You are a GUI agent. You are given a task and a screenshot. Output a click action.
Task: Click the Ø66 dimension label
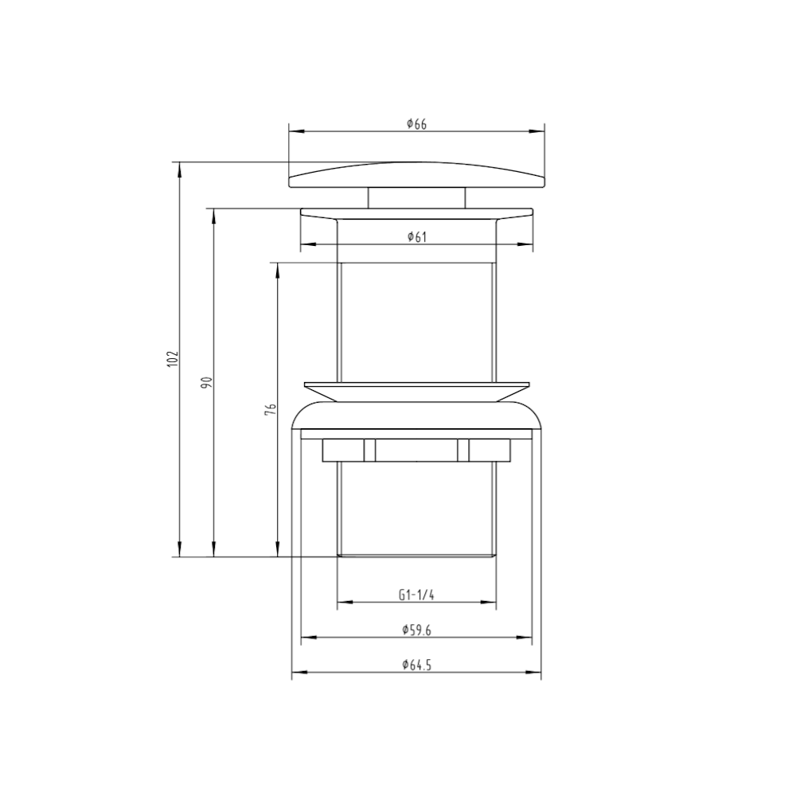(416, 123)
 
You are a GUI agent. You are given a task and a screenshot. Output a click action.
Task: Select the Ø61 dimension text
(416, 236)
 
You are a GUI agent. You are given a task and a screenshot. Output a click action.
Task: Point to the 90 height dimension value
(205, 383)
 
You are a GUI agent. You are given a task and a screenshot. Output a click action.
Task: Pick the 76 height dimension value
(270, 409)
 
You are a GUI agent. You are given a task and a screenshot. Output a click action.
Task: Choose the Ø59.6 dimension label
(416, 630)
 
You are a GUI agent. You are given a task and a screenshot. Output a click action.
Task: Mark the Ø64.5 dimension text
(416, 665)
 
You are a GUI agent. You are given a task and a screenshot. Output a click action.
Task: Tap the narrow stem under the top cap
(416, 198)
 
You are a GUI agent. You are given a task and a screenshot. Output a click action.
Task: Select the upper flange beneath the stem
(416, 214)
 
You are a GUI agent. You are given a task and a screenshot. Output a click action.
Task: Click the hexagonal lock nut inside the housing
(416, 450)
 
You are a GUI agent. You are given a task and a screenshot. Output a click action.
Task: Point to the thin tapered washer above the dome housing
(416, 389)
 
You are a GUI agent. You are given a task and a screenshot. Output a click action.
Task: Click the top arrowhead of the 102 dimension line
(181, 167)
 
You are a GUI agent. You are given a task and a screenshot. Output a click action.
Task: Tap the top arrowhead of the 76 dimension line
(277, 267)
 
